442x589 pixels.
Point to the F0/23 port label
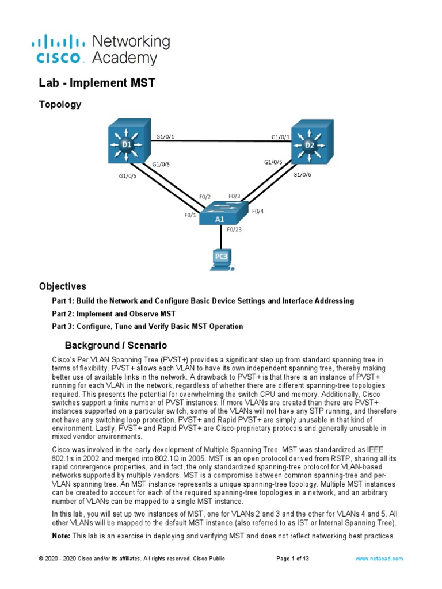coord(234,230)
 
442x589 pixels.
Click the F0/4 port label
coord(258,211)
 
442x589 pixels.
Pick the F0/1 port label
coord(190,215)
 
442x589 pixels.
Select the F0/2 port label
coord(204,197)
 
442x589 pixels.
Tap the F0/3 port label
coord(234,196)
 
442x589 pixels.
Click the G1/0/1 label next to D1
coord(165,137)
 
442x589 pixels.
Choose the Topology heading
coord(60,105)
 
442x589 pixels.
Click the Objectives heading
coord(63,286)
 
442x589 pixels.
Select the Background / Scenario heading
coord(116,345)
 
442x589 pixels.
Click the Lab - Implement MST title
coord(97,83)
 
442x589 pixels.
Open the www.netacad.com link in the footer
coord(379,559)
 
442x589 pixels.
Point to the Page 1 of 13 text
coord(297,559)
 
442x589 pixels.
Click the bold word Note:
coord(61,536)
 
